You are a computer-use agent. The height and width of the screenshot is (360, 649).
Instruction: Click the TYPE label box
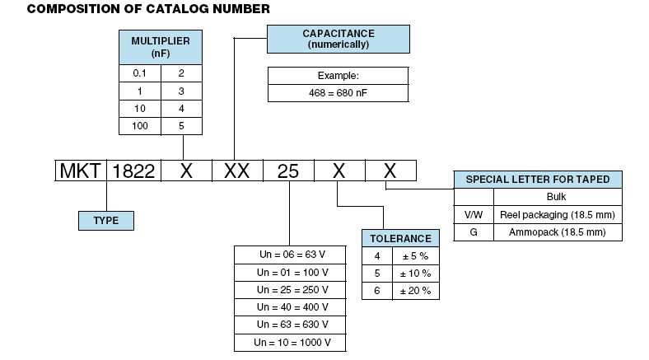click(x=105, y=220)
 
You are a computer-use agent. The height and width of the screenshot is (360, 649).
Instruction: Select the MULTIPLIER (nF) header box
click(x=161, y=46)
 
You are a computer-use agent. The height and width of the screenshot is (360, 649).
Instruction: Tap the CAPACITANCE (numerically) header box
click(x=338, y=39)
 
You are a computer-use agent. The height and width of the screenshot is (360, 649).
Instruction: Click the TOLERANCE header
click(x=400, y=238)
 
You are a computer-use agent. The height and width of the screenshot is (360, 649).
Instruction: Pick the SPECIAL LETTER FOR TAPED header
click(x=539, y=180)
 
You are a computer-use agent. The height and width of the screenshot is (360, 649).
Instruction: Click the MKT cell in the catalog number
click(x=81, y=171)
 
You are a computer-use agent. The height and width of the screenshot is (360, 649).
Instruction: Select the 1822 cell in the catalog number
click(x=132, y=171)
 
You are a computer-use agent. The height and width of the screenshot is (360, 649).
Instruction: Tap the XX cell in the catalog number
click(x=236, y=171)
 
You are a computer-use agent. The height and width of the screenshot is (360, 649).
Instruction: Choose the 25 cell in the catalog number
click(x=288, y=171)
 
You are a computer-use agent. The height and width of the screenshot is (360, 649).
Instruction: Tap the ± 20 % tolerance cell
click(x=415, y=291)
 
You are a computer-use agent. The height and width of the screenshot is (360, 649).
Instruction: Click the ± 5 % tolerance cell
click(x=415, y=256)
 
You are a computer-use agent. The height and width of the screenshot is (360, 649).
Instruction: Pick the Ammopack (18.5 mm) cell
click(x=558, y=232)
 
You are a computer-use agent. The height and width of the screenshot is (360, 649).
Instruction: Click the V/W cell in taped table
click(x=474, y=215)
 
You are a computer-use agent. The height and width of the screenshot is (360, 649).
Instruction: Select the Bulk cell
click(x=558, y=198)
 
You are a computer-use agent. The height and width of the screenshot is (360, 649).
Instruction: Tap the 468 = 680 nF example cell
click(x=338, y=93)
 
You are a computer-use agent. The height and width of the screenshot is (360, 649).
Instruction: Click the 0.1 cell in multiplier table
click(x=140, y=73)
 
